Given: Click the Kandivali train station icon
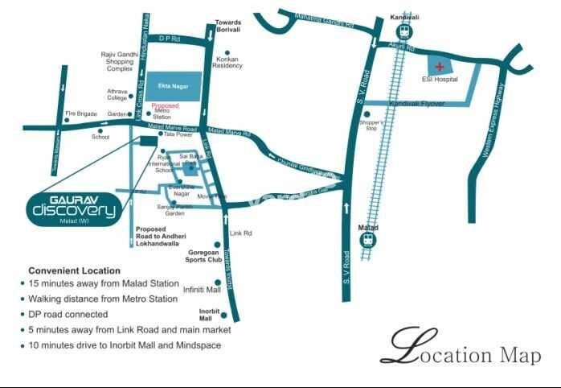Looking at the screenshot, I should (x=403, y=32).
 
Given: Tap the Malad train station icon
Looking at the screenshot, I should (x=368, y=240).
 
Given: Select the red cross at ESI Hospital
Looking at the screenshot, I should (x=439, y=65).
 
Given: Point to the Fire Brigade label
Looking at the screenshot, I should (x=80, y=114).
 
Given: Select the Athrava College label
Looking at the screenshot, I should (x=117, y=96).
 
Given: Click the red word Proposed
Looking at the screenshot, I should (x=165, y=105).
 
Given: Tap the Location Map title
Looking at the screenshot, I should (x=461, y=351).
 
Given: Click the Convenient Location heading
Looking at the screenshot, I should (x=74, y=270).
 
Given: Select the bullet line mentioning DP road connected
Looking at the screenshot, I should (x=68, y=314).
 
